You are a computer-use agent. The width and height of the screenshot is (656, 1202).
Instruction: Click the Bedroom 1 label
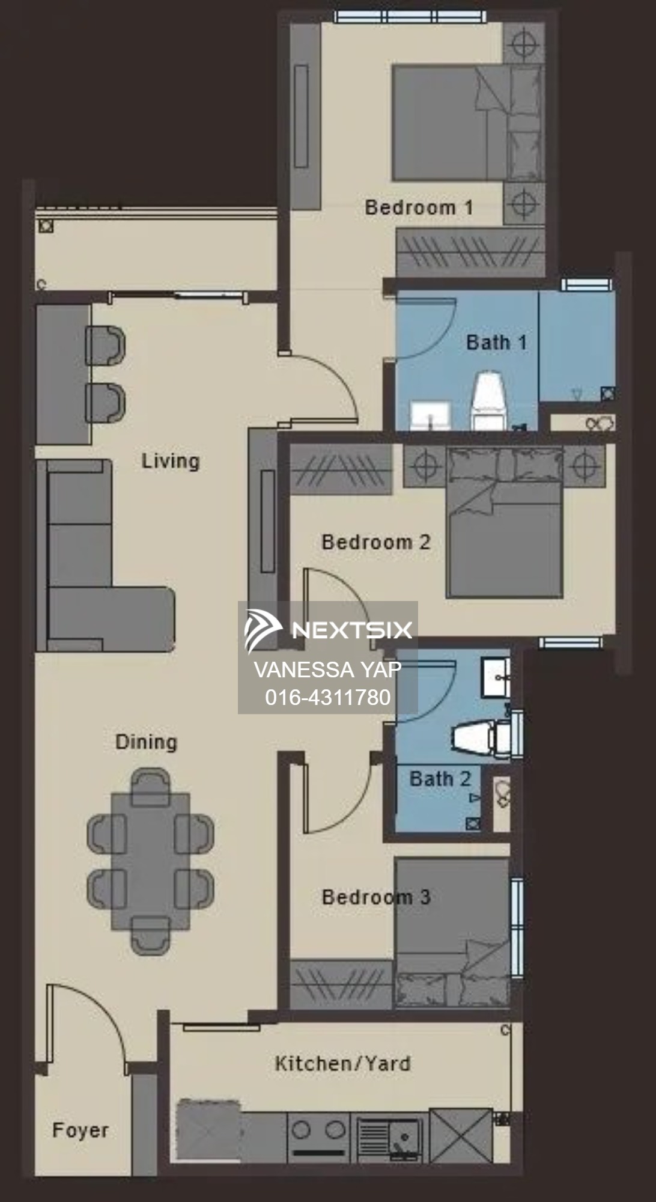pyautogui.click(x=419, y=208)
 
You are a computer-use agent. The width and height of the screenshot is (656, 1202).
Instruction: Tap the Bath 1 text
pyautogui.click(x=496, y=343)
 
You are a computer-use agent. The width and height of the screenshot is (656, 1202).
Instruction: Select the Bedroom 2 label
pyautogui.click(x=376, y=542)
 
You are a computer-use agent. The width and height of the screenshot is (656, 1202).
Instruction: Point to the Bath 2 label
pyautogui.click(x=440, y=779)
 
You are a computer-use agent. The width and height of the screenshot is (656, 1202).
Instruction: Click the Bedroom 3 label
pyautogui.click(x=376, y=897)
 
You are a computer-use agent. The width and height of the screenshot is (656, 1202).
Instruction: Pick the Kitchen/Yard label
pyautogui.click(x=342, y=1063)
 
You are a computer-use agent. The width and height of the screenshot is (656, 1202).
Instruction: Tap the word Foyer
pyautogui.click(x=80, y=1130)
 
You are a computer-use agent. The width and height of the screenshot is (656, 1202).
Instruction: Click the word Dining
pyautogui.click(x=146, y=742)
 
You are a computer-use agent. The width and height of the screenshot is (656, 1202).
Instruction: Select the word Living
pyautogui.click(x=171, y=461)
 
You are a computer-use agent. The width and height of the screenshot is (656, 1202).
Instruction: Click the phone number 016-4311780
pyautogui.click(x=328, y=697)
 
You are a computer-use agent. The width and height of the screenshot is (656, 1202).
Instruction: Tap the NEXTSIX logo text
pyautogui.click(x=352, y=630)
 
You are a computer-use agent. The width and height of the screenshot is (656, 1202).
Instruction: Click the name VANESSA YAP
pyautogui.click(x=328, y=669)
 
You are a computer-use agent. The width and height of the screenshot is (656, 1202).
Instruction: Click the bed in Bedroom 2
pyautogui.click(x=503, y=522)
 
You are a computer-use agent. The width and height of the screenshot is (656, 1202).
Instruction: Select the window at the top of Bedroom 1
pyautogui.click(x=410, y=17)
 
